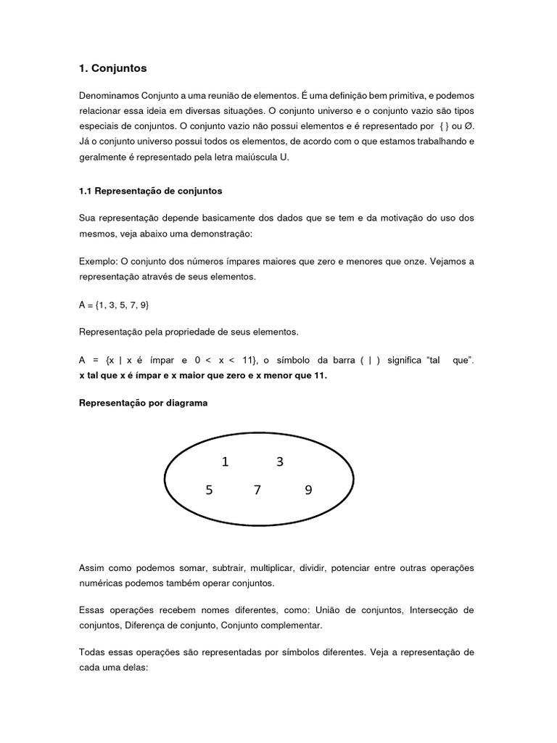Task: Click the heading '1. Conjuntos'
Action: click(112, 68)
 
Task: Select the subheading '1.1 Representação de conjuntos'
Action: click(150, 192)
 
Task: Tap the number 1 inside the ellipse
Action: click(225, 462)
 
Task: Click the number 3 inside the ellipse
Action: click(279, 462)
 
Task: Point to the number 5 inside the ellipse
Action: click(209, 490)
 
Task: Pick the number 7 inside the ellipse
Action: click(257, 490)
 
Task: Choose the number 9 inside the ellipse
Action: click(308, 490)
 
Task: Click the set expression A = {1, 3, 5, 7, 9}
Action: click(114, 306)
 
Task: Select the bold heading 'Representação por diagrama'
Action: click(143, 403)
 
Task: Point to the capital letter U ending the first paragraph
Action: click(284, 157)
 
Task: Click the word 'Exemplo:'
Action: click(96, 260)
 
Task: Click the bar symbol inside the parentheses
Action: click(368, 361)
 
